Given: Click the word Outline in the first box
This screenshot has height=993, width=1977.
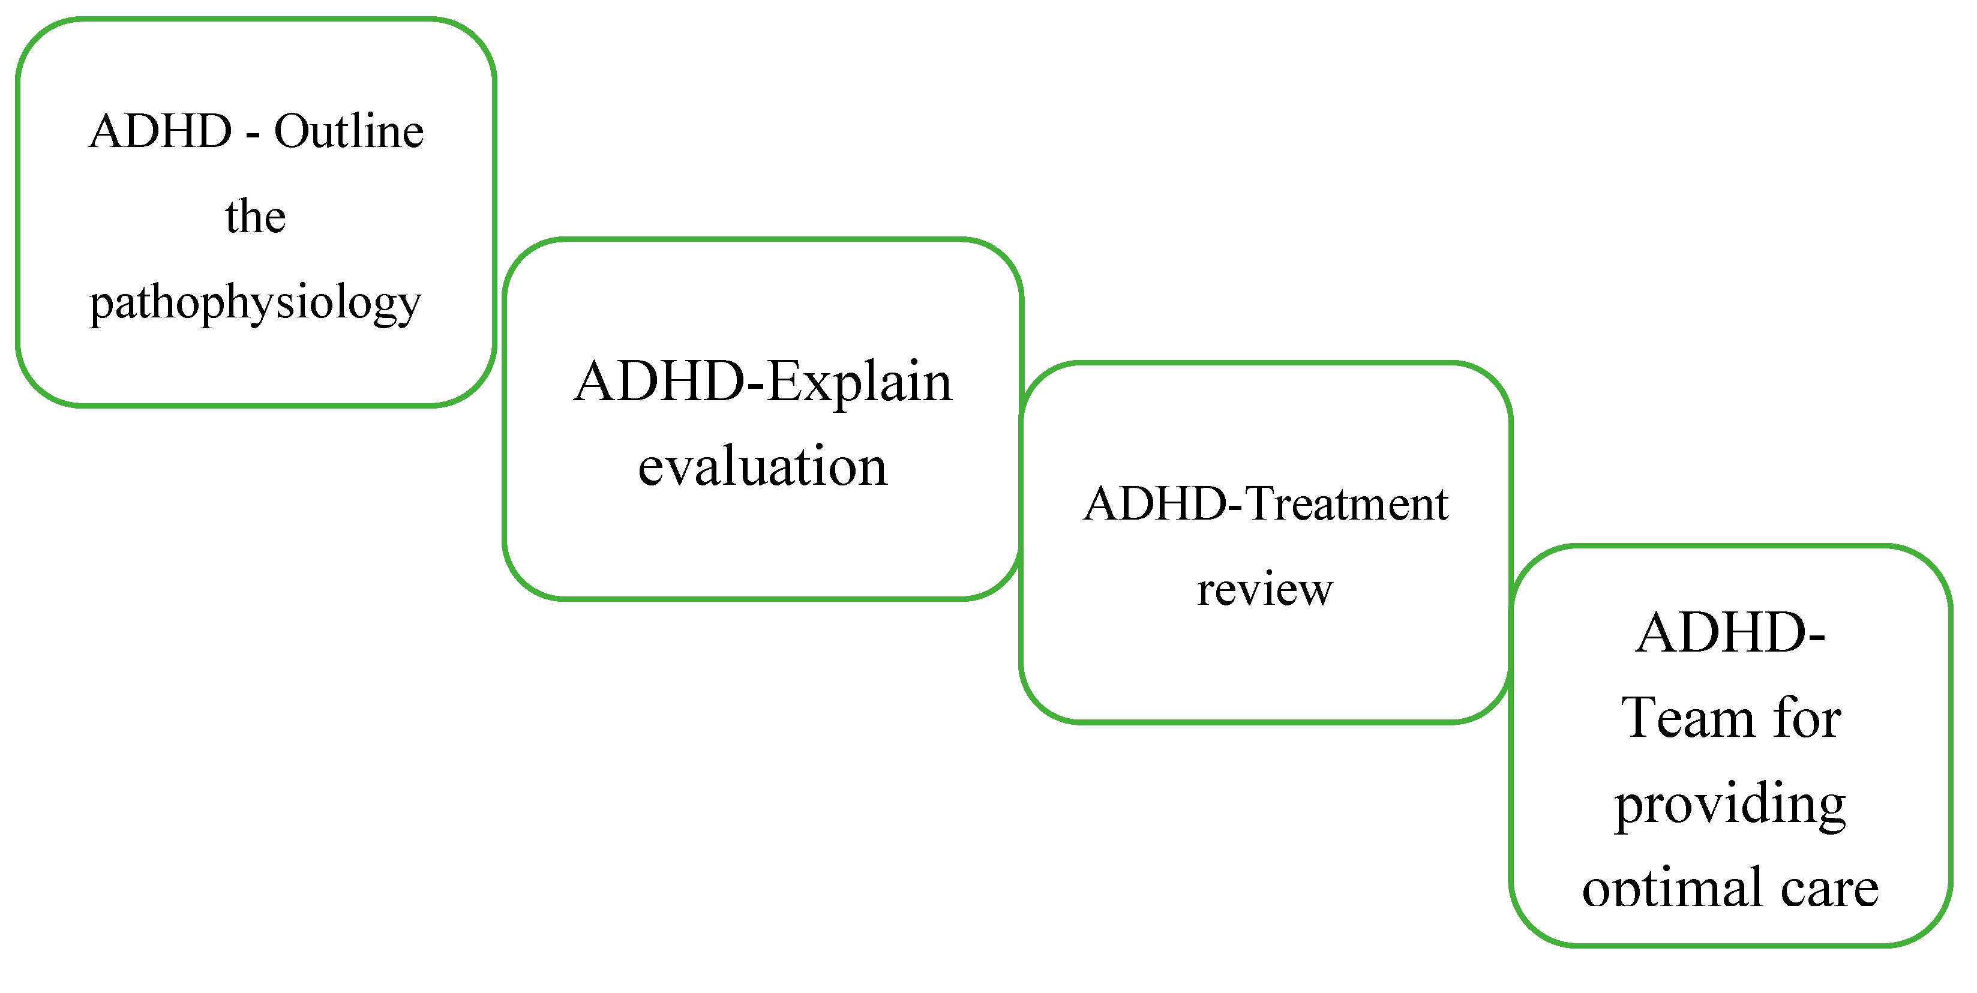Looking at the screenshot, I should click(349, 131).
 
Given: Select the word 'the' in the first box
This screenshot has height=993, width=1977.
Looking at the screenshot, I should click(256, 217).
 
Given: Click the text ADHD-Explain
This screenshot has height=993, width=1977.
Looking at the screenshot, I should click(762, 382).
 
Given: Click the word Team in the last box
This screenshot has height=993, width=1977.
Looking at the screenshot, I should click(1689, 718).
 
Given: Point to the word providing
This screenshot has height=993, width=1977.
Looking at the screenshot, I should click(1730, 804).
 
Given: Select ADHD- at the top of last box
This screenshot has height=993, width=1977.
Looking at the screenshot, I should click(1730, 633).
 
